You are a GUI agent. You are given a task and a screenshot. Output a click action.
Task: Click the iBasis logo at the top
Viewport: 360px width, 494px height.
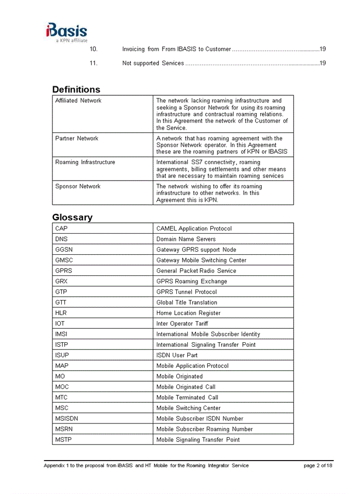coord(66,32)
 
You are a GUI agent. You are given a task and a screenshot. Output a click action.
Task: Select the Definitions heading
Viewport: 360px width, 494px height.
coord(76,90)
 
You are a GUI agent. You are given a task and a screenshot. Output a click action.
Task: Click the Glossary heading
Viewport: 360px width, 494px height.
coord(72,217)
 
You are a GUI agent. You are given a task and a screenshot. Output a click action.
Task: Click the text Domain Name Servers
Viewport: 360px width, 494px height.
coord(186,239)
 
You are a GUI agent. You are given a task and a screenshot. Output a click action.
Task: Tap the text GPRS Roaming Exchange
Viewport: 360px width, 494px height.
coord(191,281)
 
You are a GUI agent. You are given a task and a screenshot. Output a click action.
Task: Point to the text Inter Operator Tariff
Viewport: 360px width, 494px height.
coord(182,324)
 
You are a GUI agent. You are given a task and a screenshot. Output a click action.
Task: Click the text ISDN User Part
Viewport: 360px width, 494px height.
coord(177,355)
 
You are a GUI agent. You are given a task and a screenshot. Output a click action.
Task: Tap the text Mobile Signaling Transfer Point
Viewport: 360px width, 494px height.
coord(198,439)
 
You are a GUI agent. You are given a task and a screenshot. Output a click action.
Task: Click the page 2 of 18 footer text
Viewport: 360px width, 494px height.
coord(318,466)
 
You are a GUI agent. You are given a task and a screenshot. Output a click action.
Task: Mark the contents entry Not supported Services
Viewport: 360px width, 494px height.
coord(153,63)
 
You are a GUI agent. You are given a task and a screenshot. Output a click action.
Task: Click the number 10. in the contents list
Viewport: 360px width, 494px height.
coord(93,49)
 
